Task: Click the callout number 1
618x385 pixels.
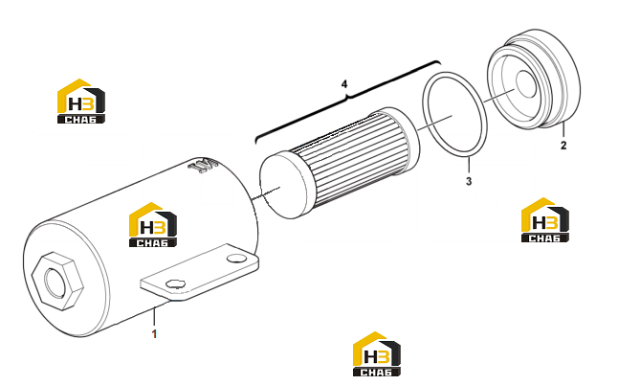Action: (x=155, y=334)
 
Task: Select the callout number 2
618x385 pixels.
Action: (x=563, y=146)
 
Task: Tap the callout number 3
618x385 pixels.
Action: (x=469, y=181)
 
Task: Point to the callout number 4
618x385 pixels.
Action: (x=344, y=84)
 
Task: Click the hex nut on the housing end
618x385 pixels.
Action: (x=58, y=281)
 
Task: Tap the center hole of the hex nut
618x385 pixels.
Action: (x=55, y=282)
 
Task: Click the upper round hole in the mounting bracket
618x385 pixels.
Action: (x=236, y=258)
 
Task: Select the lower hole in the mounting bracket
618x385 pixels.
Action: (x=175, y=283)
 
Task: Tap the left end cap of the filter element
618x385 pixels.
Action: (x=282, y=186)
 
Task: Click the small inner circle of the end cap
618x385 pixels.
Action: (x=526, y=83)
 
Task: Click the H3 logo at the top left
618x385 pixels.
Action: (x=81, y=101)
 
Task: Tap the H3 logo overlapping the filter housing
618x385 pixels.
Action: (x=153, y=225)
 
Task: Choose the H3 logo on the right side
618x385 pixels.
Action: (x=545, y=219)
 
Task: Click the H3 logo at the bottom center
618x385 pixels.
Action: (x=377, y=353)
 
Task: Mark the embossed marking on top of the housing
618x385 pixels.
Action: (x=203, y=166)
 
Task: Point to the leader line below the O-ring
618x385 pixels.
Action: (x=469, y=165)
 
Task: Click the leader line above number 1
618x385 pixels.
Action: (x=155, y=316)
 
